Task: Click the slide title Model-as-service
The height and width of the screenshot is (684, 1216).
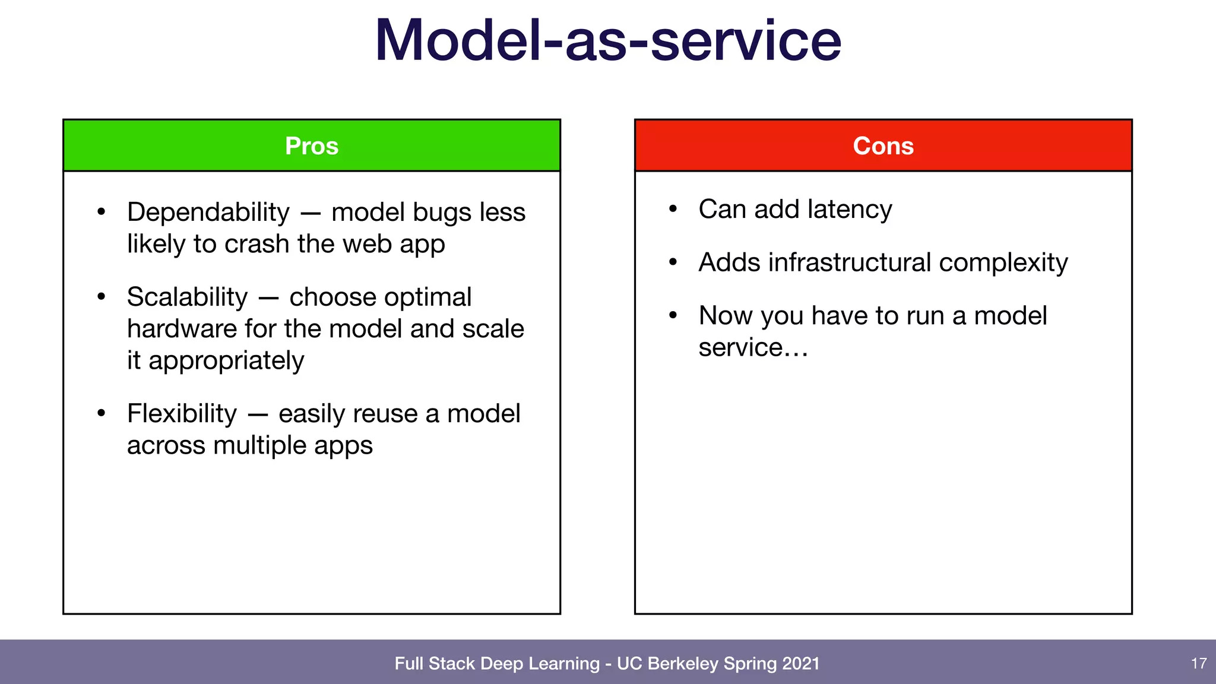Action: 608,40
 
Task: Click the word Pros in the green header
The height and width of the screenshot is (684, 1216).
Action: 312,146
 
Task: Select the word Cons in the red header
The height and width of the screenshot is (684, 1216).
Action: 883,146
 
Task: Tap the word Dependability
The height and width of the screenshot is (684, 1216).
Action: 208,213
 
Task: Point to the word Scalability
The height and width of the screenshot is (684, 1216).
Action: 187,297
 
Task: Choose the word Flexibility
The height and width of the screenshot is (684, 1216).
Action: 182,414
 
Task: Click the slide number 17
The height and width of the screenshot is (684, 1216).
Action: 1199,663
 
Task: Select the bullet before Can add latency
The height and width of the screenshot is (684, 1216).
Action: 673,209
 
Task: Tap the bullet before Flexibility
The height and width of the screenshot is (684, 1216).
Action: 102,413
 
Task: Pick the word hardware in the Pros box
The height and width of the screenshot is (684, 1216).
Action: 182,329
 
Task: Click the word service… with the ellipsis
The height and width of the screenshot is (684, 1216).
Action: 753,348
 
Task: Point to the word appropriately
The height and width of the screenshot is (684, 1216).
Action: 226,361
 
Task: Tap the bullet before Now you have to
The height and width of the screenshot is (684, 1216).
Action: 673,315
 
